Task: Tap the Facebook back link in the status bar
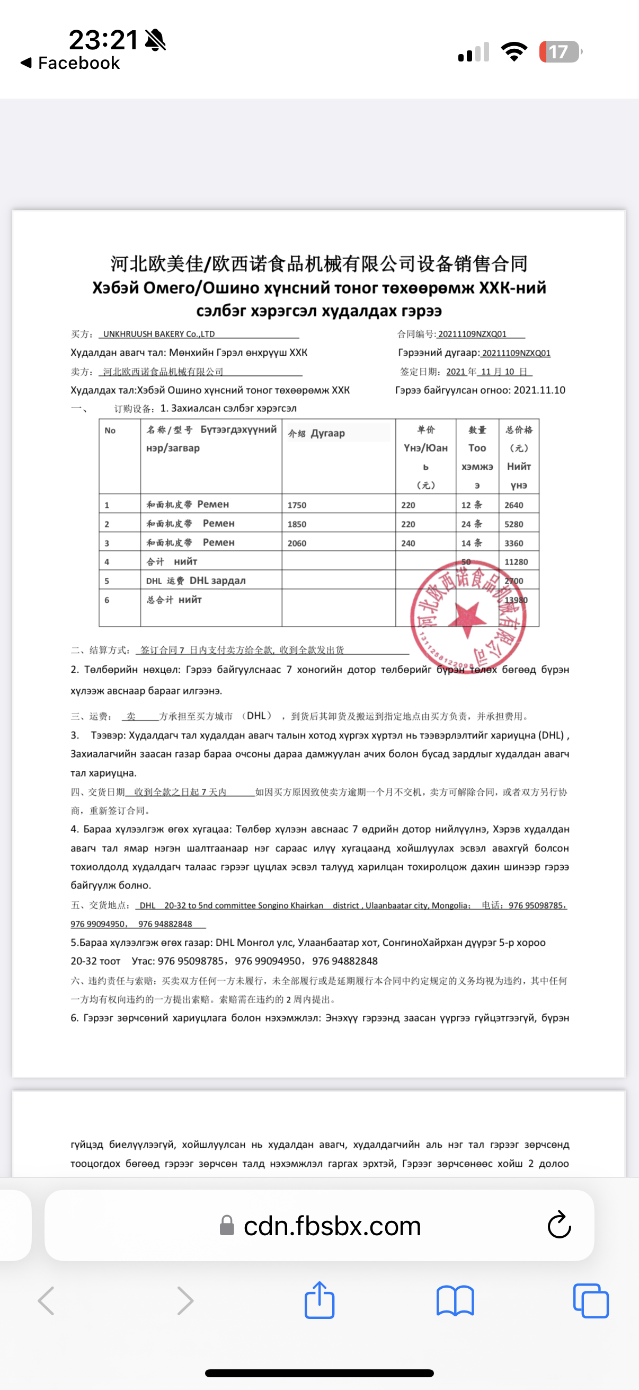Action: (x=70, y=63)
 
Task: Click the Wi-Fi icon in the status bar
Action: (x=514, y=52)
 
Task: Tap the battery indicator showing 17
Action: (x=560, y=52)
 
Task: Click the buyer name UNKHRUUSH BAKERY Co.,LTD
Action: (x=158, y=334)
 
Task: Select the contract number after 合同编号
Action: (x=472, y=334)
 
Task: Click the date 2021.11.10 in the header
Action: (x=539, y=390)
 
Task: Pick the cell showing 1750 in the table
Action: (x=297, y=505)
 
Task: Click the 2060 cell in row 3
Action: (x=297, y=543)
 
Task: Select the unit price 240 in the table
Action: (x=408, y=543)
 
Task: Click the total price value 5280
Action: (x=514, y=524)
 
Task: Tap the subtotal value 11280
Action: (x=516, y=562)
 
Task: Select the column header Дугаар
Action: (x=327, y=433)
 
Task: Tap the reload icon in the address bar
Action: (x=559, y=1226)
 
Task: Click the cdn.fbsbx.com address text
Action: (x=332, y=1226)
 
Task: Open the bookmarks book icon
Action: (x=455, y=1301)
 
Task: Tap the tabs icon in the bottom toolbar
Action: (x=590, y=1301)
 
